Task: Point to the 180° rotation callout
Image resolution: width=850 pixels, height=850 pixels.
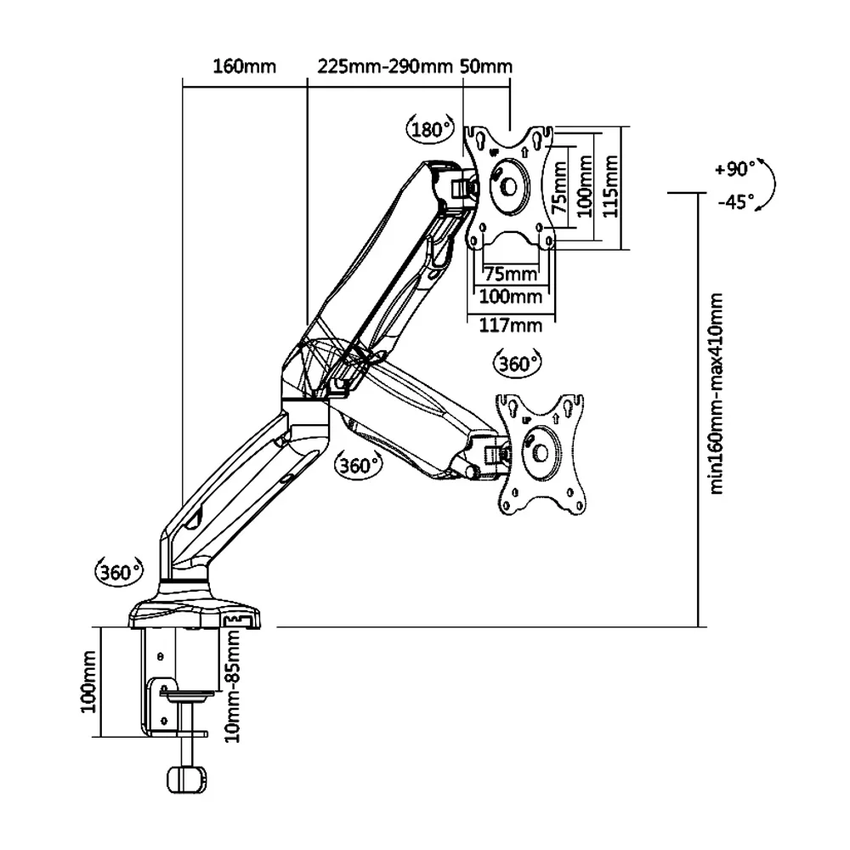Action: click(431, 130)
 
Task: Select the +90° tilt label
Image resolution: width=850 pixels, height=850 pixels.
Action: click(735, 169)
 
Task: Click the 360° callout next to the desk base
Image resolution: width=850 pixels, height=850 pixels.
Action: click(117, 571)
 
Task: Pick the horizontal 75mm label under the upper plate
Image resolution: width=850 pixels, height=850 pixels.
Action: click(510, 274)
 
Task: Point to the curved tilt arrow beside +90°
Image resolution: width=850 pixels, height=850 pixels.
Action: click(769, 184)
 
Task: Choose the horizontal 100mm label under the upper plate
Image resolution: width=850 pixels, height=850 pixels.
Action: click(511, 297)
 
